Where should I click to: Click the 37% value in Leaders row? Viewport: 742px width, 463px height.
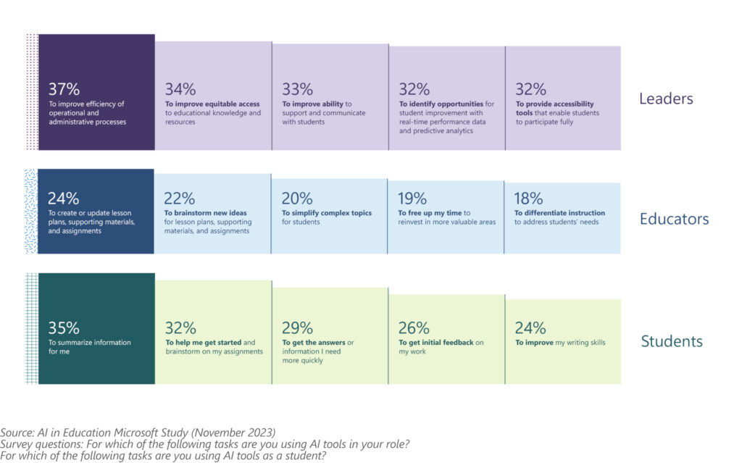(x=64, y=89)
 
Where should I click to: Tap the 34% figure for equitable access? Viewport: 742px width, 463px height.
(x=180, y=89)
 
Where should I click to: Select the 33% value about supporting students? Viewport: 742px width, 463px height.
(x=297, y=89)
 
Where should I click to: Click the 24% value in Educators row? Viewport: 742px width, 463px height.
(x=63, y=199)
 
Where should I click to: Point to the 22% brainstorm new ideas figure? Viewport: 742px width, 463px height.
(x=180, y=199)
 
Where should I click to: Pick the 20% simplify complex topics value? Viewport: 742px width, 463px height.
(x=297, y=199)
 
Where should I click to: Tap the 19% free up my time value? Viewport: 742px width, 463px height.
(x=413, y=199)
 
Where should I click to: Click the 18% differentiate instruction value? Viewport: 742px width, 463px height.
(x=530, y=199)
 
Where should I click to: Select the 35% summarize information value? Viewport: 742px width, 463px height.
(x=64, y=328)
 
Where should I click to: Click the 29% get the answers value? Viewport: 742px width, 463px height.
(x=297, y=328)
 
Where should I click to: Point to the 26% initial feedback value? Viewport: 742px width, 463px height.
(x=414, y=328)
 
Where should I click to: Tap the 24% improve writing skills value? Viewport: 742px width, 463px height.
(x=530, y=328)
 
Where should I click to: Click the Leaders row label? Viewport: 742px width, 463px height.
(x=666, y=99)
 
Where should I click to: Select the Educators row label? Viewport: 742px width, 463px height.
(x=674, y=219)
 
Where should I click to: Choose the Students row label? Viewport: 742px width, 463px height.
(x=672, y=341)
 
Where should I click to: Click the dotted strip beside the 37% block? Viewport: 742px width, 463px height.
(x=31, y=92)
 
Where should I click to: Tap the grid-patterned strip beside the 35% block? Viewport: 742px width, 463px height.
(x=31, y=328)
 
